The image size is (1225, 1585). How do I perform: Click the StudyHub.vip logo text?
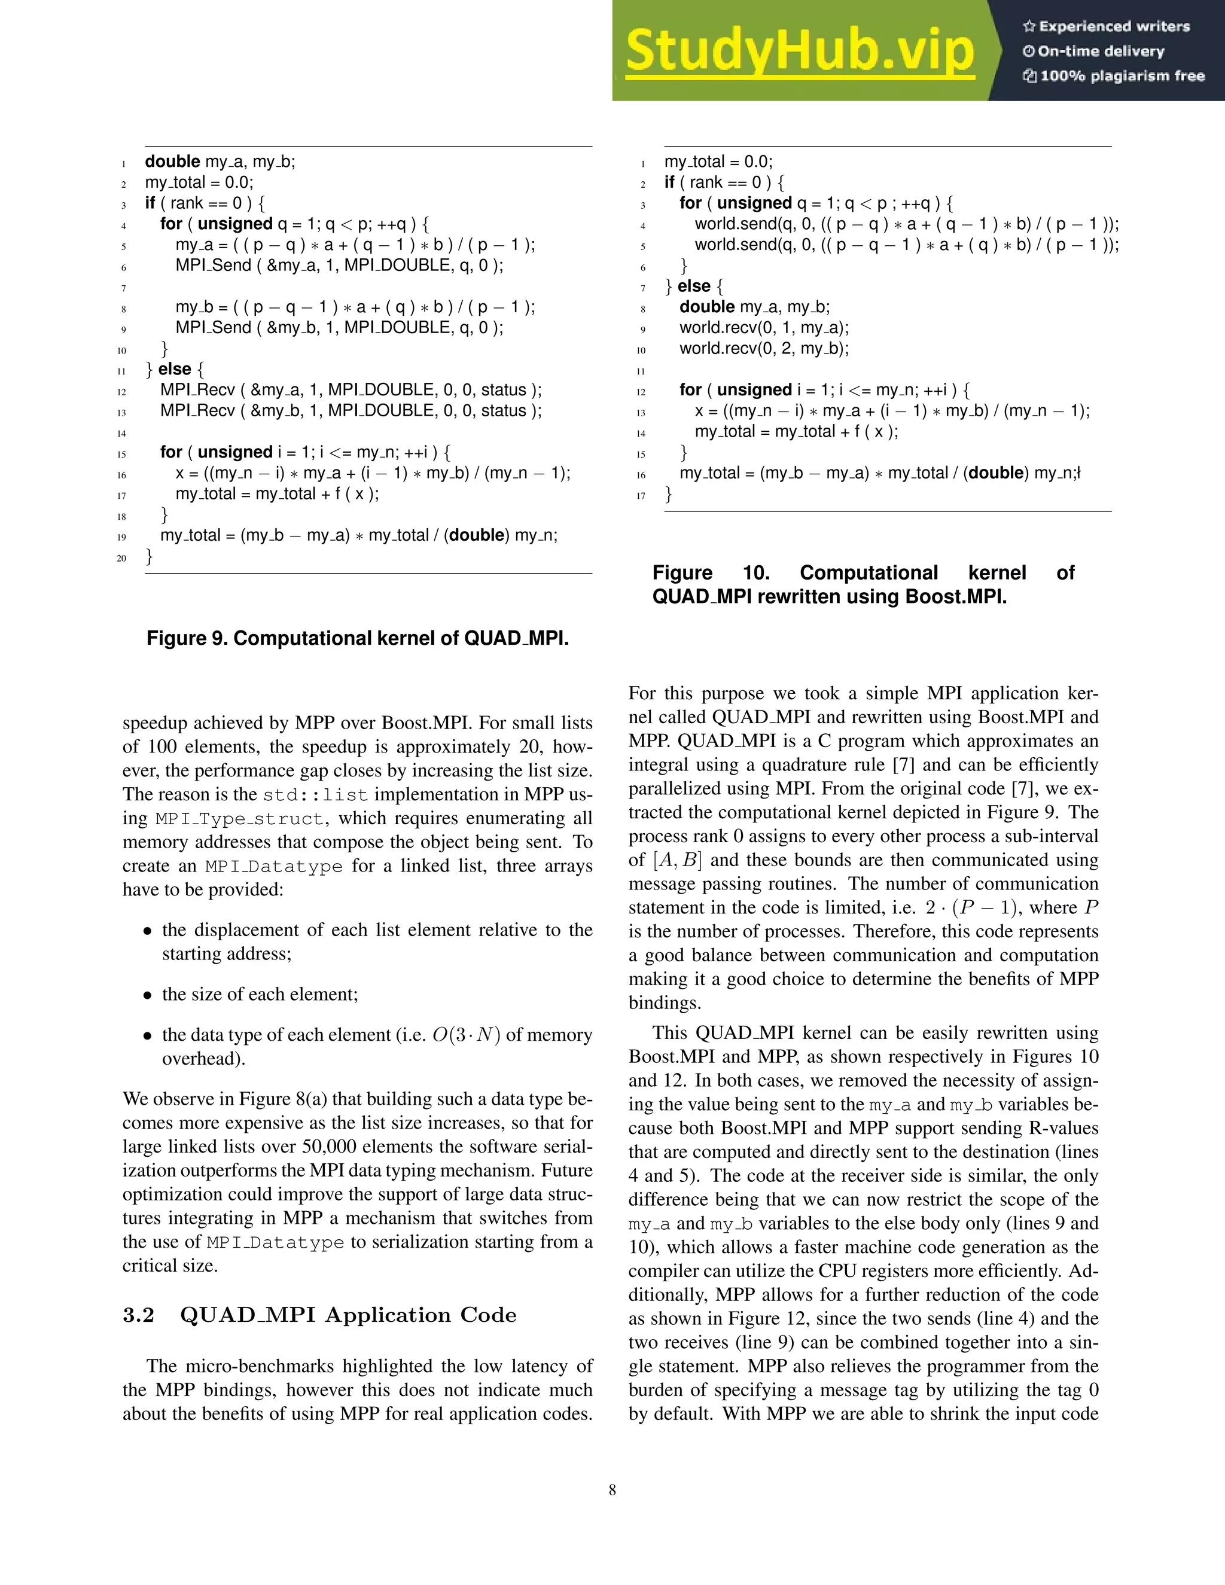pos(800,51)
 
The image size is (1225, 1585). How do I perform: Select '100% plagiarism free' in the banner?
pos(1114,76)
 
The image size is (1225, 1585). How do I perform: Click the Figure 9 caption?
pos(357,638)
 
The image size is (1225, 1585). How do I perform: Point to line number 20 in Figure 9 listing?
pos(122,558)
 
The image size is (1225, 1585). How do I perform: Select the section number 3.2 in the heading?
pos(139,1315)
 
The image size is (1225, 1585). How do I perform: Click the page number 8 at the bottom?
pos(612,1490)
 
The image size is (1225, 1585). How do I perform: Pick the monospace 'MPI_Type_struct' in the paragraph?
pos(239,819)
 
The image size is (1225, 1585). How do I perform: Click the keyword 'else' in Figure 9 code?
pos(174,370)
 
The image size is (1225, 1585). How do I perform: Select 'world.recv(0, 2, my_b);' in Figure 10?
pos(763,348)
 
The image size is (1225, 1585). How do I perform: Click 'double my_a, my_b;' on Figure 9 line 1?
pos(220,162)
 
